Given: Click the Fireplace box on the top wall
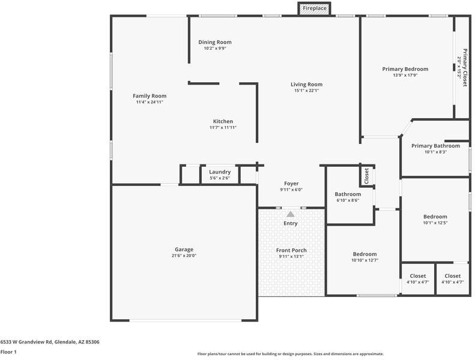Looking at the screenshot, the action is pos(314,8).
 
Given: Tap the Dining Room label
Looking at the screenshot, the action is pos(215,42).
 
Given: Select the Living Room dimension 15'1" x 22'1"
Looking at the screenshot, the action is pos(307,90).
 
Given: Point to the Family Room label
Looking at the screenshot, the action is pos(150,96).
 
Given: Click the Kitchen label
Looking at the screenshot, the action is pos(223,121).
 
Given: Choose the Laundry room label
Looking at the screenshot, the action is pos(220,172).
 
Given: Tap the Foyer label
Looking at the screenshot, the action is pos(291,184).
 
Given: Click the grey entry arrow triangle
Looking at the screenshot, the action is pos(291,214).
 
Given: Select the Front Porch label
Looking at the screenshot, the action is pos(291,250).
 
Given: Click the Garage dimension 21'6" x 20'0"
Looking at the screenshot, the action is pos(184,256).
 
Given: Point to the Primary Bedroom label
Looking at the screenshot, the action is pos(405,69).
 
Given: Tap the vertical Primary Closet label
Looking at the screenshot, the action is pos(465,68).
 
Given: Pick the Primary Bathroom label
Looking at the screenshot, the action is pos(435,146).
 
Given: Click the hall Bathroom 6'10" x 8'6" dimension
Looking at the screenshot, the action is pos(348,200).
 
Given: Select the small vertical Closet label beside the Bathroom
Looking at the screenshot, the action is pos(366,176).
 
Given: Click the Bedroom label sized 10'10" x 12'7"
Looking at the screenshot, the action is pos(365,254).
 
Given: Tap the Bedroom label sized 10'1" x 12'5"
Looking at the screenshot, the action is pos(435,217).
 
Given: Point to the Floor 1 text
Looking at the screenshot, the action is pos(8,352).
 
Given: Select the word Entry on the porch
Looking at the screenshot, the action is pos(291,223).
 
